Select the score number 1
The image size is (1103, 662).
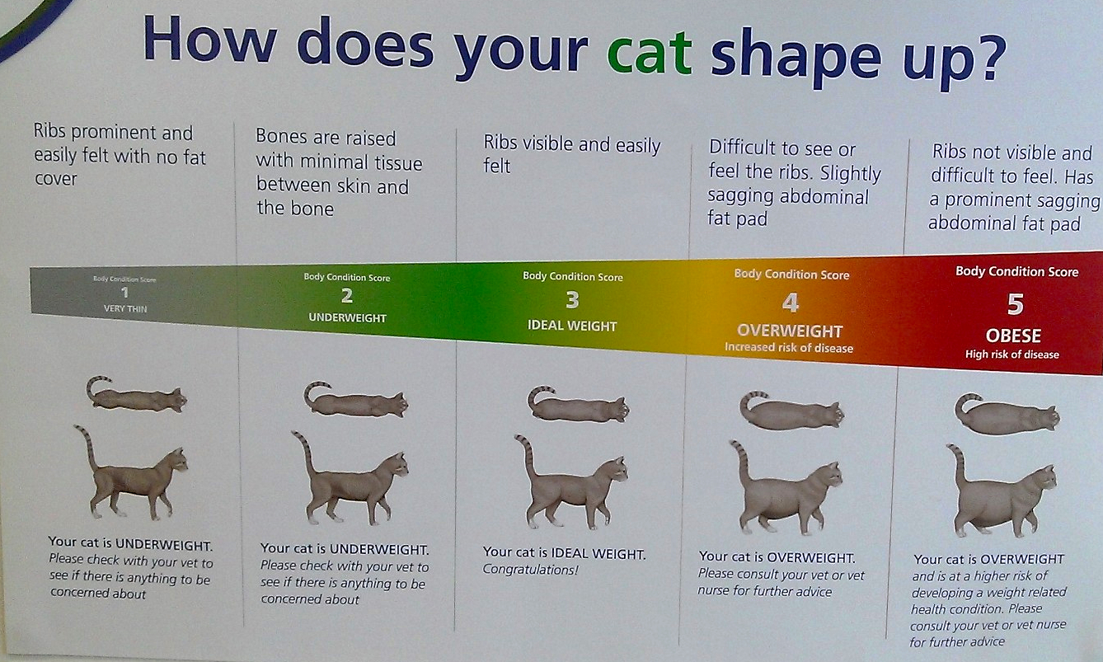(124, 293)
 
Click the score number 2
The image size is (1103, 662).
(347, 296)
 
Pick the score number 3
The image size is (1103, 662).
(572, 299)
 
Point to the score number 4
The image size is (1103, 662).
(791, 303)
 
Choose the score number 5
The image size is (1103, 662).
(1016, 304)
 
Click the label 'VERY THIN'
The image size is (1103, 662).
(125, 309)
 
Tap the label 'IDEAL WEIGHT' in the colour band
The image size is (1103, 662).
(572, 326)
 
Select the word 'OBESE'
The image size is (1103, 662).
(1013, 336)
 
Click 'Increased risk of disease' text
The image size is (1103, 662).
(789, 348)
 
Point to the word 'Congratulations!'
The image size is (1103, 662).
(530, 570)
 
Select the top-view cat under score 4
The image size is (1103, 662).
(791, 411)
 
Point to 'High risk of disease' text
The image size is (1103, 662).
(1011, 354)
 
